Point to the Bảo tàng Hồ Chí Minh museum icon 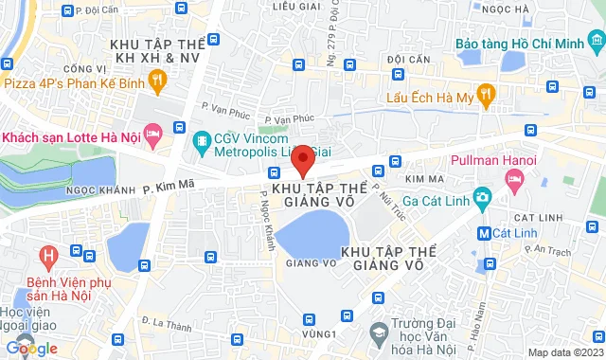click(595, 44)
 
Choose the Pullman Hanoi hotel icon click(515, 181)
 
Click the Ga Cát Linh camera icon click(483, 199)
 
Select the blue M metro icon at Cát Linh click(484, 233)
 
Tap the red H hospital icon click(46, 255)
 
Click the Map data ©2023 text click(564, 352)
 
